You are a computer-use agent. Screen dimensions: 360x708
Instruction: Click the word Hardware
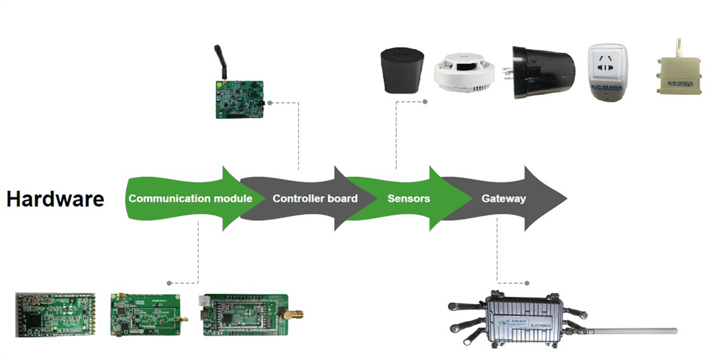pos(55,199)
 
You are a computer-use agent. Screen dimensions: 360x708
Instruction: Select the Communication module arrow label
pos(190,199)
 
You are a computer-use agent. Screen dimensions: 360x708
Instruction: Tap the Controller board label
pos(315,199)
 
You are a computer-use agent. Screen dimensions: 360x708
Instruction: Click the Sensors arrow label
pos(409,199)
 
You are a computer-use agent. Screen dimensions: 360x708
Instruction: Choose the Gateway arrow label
pos(504,199)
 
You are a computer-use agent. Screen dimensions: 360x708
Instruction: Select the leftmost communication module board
pos(56,313)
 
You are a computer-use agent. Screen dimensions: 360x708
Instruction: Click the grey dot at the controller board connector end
pos(273,101)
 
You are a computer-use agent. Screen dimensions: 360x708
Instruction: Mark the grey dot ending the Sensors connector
pos(425,101)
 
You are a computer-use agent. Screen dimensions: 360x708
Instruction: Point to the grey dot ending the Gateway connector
pos(527,283)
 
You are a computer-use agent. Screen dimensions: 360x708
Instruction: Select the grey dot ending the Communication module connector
pos(169,283)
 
